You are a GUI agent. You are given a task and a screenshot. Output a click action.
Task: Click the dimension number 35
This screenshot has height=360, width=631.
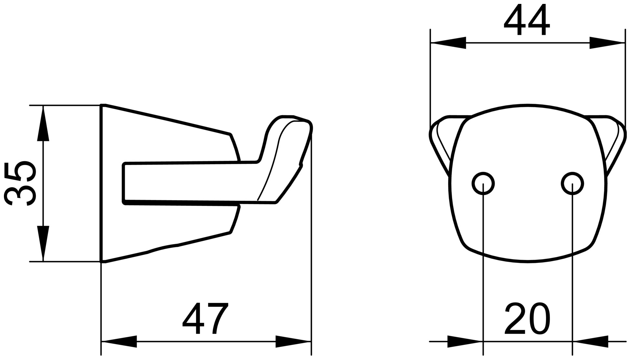(x=20, y=183)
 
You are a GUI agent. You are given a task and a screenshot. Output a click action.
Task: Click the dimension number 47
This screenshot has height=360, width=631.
(x=205, y=318)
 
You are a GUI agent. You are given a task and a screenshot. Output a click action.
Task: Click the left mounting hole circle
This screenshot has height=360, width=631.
(x=483, y=184)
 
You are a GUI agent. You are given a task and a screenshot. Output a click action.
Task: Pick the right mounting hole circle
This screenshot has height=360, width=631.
(x=572, y=184)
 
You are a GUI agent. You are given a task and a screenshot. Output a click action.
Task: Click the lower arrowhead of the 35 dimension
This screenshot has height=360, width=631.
(x=43, y=243)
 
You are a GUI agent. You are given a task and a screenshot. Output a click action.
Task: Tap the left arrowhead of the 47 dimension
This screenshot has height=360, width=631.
(x=119, y=341)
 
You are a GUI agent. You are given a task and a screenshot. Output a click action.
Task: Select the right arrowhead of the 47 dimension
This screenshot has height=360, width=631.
(x=293, y=341)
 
